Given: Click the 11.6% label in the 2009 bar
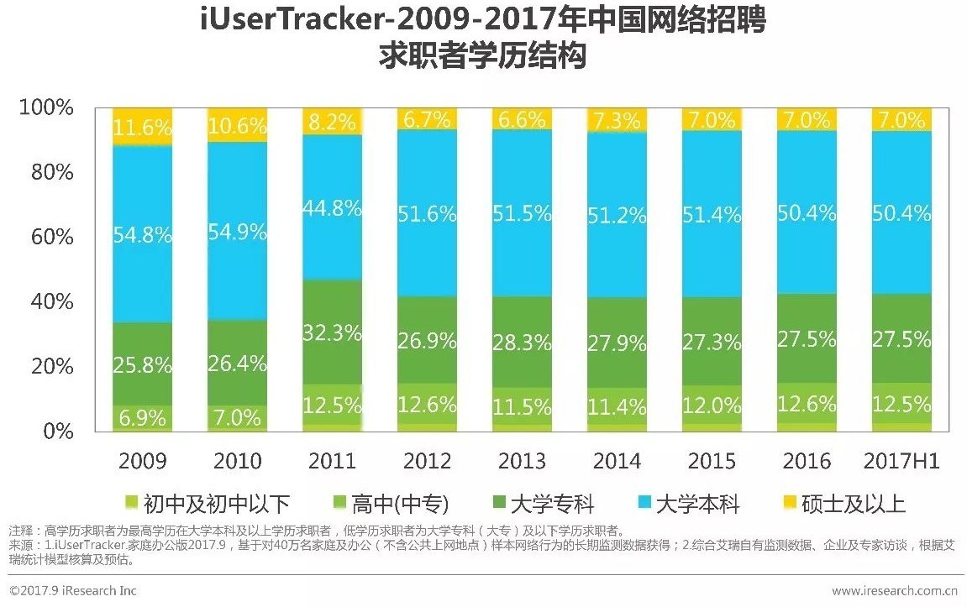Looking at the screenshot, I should tap(142, 128).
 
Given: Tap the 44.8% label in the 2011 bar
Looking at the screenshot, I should tap(332, 207).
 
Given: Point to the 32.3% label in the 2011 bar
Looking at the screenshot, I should tap(332, 332).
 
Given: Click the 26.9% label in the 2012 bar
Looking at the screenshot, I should tap(428, 341).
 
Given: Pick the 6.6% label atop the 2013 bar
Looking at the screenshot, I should tap(523, 119).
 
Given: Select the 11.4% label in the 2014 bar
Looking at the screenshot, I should tap(618, 407).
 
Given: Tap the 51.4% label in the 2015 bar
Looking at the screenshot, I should tap(712, 214).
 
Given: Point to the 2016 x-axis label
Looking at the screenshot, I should tap(807, 461).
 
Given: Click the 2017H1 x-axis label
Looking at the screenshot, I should tap(902, 461).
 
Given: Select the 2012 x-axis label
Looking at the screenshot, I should tap(428, 461).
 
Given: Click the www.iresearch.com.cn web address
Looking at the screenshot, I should tap(895, 591).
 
